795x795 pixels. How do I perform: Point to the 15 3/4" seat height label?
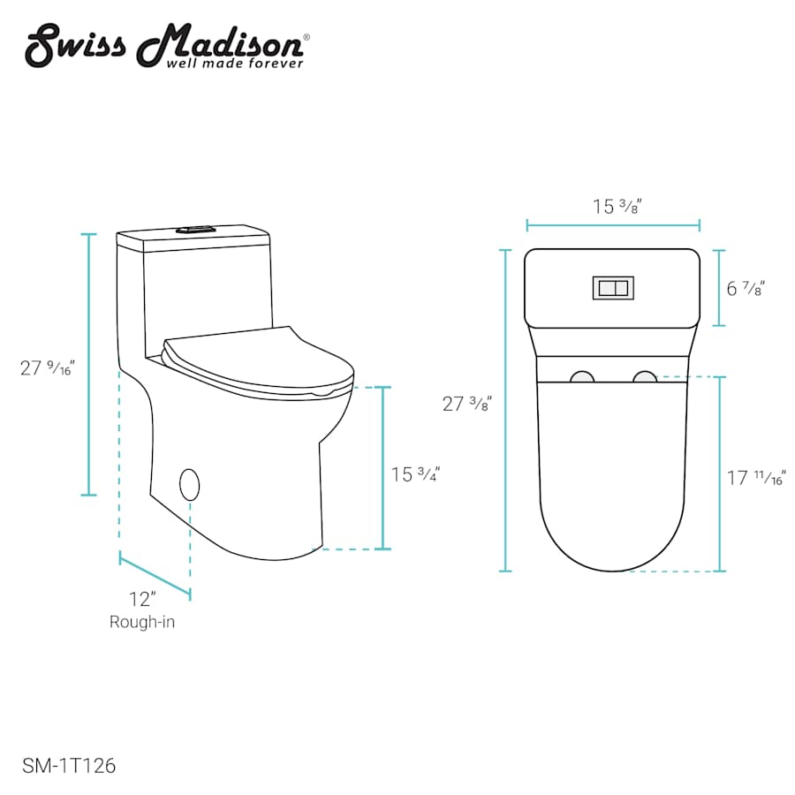coord(415,474)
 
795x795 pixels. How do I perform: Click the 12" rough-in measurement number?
coord(141,599)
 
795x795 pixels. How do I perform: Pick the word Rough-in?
coord(142,622)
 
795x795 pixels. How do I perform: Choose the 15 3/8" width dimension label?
coord(616,207)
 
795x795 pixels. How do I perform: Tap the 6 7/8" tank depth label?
coord(745,288)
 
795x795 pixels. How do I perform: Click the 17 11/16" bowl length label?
coord(756,479)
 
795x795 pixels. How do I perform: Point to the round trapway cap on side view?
coord(189,484)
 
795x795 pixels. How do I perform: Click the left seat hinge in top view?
coord(582,377)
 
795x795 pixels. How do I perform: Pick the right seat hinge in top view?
coord(645,377)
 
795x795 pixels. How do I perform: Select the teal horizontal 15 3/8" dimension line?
coord(613,225)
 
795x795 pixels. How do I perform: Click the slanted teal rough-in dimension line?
coord(155,575)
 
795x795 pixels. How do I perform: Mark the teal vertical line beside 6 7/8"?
coord(720,288)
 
